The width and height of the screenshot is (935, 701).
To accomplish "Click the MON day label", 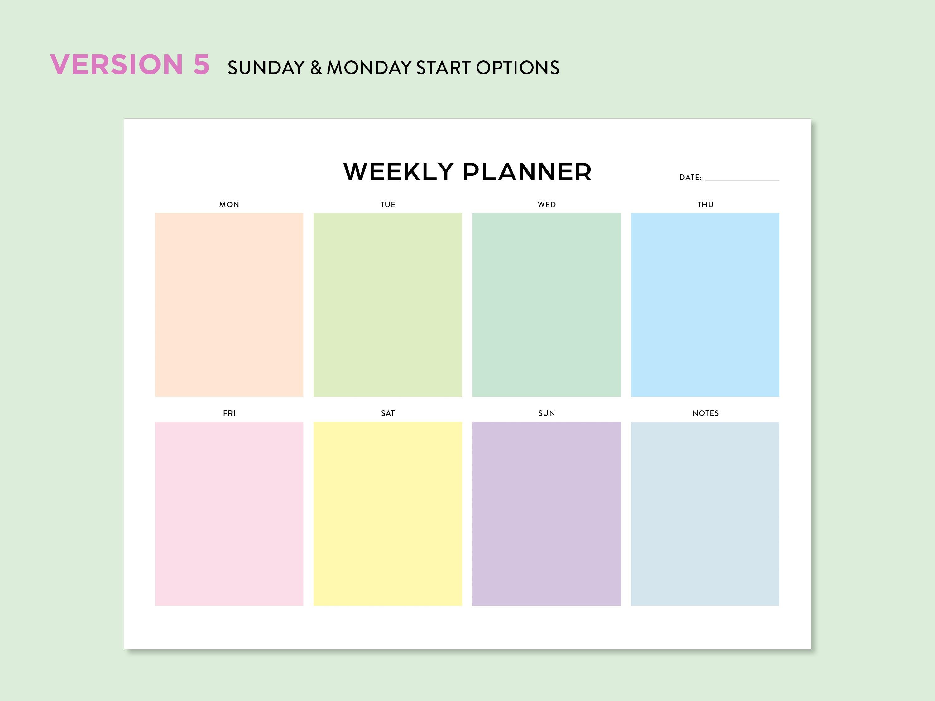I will click(x=229, y=204).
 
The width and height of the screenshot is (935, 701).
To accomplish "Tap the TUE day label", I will click(x=388, y=204).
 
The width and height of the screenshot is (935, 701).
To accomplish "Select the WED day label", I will click(x=547, y=204).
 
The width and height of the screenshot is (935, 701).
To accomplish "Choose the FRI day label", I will click(x=229, y=413).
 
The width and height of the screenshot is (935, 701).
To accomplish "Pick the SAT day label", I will click(x=388, y=413).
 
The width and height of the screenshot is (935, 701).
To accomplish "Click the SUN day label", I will click(x=547, y=413).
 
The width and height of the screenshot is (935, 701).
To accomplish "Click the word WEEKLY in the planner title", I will click(x=399, y=172).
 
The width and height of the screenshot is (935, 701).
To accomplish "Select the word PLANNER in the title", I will click(x=527, y=172).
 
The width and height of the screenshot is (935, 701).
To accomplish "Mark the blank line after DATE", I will click(x=742, y=179).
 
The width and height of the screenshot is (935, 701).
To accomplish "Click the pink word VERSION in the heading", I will click(x=117, y=65).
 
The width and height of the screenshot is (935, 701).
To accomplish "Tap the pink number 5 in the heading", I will click(x=202, y=65).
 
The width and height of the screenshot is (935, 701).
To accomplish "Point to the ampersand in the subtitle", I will click(x=316, y=68).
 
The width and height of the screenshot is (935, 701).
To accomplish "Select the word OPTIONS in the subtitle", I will click(x=518, y=68).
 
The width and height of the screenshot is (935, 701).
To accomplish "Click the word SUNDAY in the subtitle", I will click(x=266, y=68).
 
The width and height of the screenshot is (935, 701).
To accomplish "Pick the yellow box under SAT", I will click(x=388, y=513).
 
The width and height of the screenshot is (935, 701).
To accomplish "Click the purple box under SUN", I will click(x=547, y=513).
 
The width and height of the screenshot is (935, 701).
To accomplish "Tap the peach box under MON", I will click(x=229, y=305).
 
